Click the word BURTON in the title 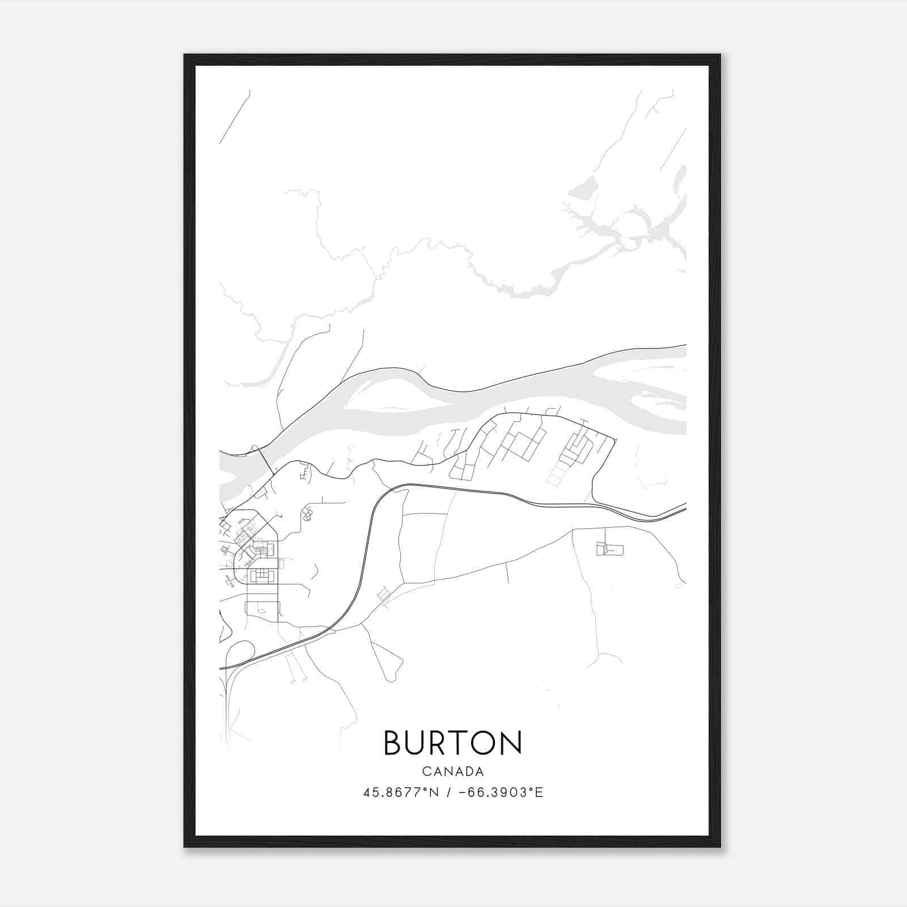click(452, 743)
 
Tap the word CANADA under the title click(452, 772)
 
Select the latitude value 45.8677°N click(401, 792)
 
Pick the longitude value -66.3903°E click(501, 792)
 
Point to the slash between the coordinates click(449, 792)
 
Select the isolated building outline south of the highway click(610, 549)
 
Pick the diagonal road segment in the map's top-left click(235, 117)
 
